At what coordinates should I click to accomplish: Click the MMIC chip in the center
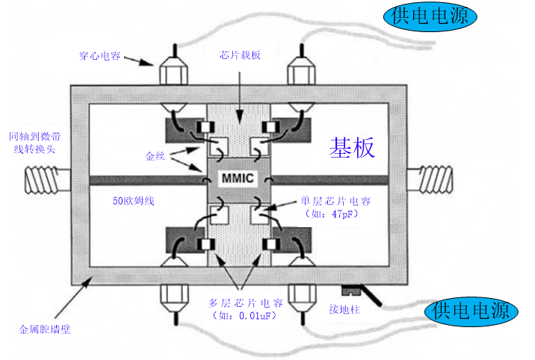pos(238,179)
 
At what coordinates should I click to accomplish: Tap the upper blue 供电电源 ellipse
pos(429,17)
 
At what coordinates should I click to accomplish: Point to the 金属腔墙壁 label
pos(45,329)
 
